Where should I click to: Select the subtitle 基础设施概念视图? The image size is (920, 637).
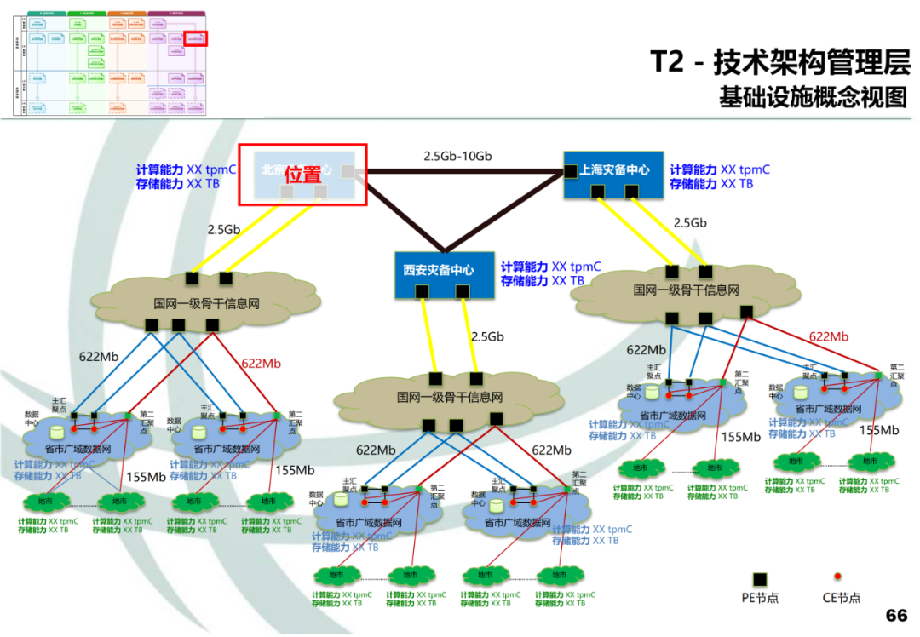[x=814, y=97]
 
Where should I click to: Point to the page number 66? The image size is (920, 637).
[x=896, y=615]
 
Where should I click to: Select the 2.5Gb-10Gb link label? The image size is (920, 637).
[x=457, y=157]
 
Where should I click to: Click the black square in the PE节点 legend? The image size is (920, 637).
[x=760, y=578]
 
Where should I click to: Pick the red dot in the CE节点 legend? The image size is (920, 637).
[x=837, y=577]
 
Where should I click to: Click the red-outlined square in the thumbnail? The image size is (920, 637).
[x=197, y=38]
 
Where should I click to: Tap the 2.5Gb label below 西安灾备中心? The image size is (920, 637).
[x=487, y=336]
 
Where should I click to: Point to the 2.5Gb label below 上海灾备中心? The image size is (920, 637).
[x=690, y=223]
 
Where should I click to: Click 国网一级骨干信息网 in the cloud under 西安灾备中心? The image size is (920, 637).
[x=449, y=397]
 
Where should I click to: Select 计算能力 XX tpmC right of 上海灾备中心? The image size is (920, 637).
[x=720, y=169]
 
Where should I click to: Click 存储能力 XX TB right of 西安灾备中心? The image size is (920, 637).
[x=543, y=280]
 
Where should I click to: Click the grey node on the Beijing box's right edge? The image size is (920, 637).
[x=347, y=172]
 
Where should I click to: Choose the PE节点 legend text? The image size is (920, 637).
[x=760, y=598]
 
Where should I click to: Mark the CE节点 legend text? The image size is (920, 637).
[x=841, y=598]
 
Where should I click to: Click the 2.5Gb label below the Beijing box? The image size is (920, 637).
[x=224, y=229]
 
